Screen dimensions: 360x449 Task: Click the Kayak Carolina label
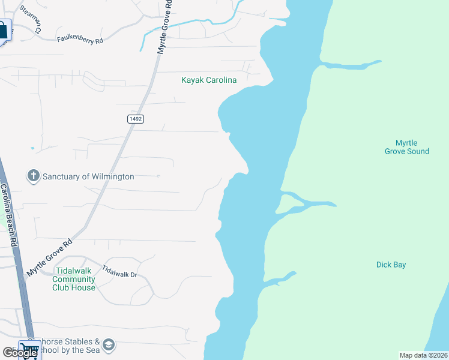pos(209,80)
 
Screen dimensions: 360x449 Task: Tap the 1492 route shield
pos(135,119)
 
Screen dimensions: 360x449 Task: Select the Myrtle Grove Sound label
pos(406,147)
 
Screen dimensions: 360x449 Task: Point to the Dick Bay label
pos(391,265)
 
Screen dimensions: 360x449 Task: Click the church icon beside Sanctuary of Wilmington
pos(34,176)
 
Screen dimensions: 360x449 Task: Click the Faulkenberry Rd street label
pos(80,39)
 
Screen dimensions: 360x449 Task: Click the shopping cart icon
pos(28,350)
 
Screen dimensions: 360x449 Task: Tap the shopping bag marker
pos(3,29)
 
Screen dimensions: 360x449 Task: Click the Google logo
pos(20,353)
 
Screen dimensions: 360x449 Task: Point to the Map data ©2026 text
pos(423,355)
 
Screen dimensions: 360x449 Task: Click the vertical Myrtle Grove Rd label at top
pos(164,27)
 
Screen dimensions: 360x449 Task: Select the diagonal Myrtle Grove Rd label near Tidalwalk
pos(49,258)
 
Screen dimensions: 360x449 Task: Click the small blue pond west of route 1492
pos(32,148)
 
